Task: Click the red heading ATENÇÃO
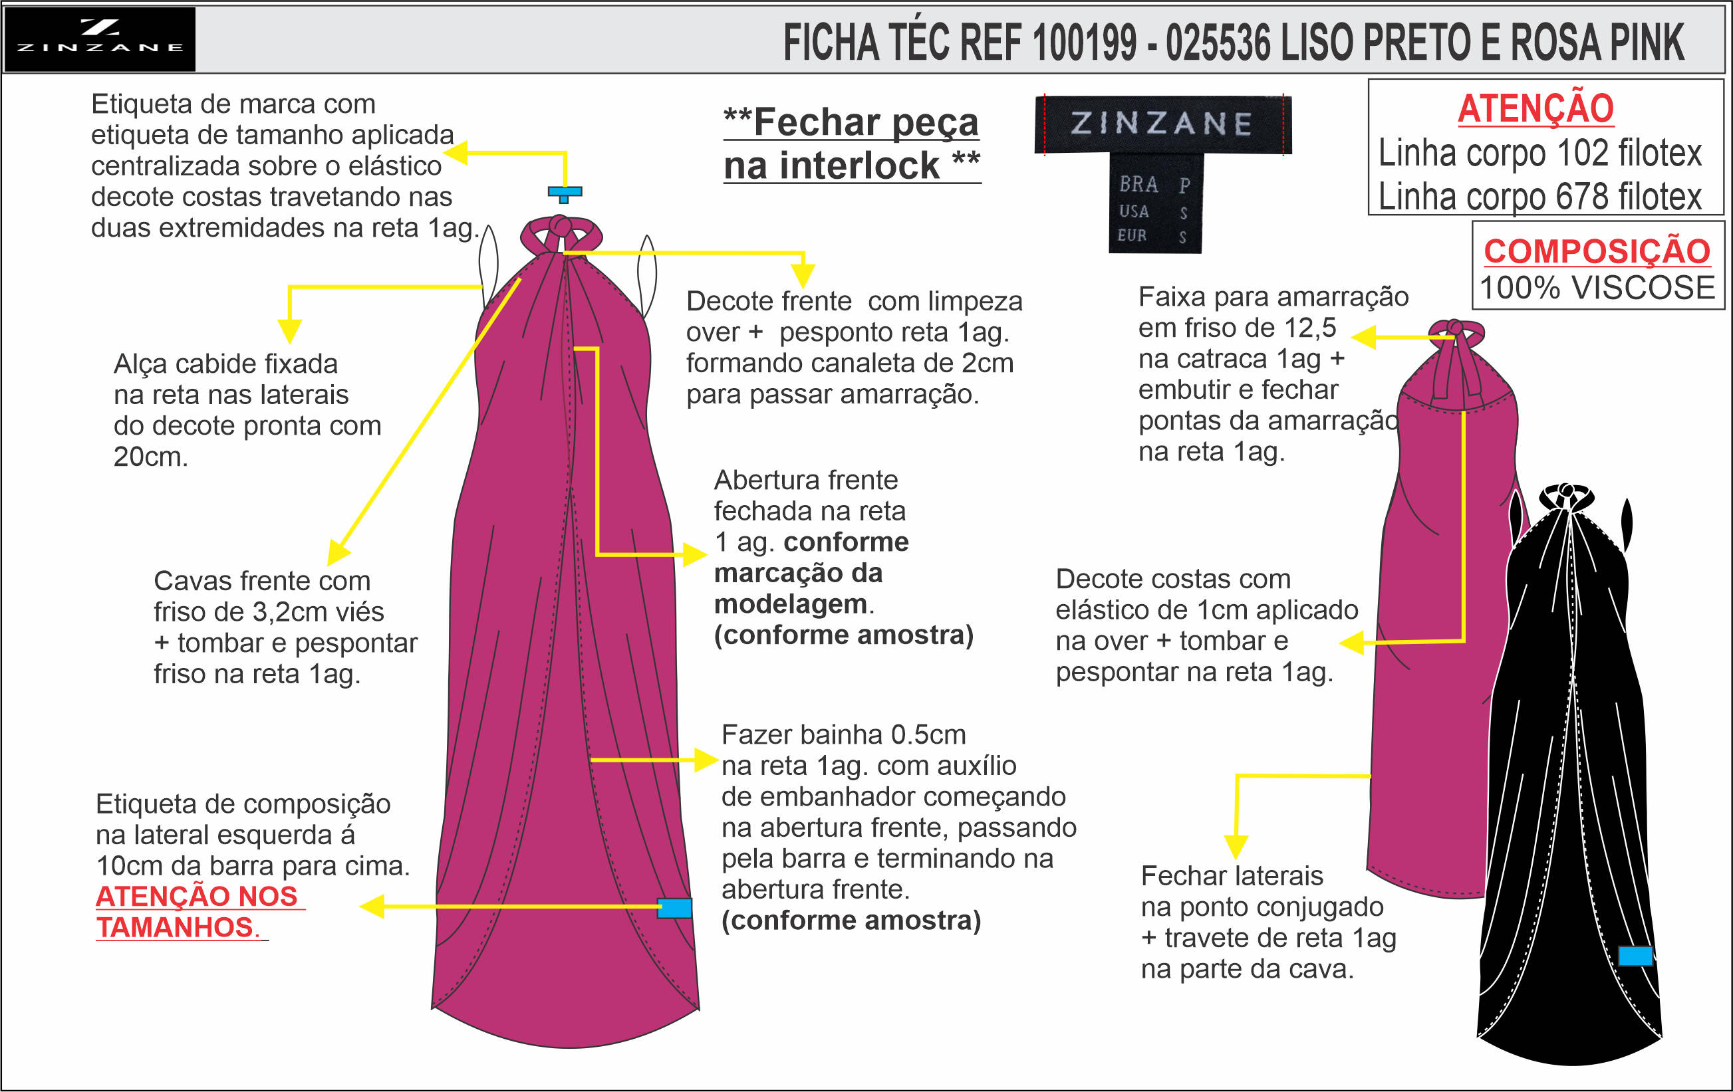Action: [x=1535, y=108]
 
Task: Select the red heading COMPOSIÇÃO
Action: [x=1596, y=251]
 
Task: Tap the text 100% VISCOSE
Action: [x=1597, y=288]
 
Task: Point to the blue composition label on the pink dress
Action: [x=674, y=908]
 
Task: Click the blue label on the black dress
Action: [x=1635, y=955]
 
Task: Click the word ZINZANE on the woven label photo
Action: [x=1161, y=124]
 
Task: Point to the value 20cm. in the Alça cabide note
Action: [x=150, y=457]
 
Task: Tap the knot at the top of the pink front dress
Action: [x=560, y=228]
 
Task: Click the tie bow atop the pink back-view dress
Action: [x=1455, y=331]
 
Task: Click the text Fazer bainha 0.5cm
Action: [x=843, y=734]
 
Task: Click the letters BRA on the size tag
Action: [x=1138, y=185]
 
